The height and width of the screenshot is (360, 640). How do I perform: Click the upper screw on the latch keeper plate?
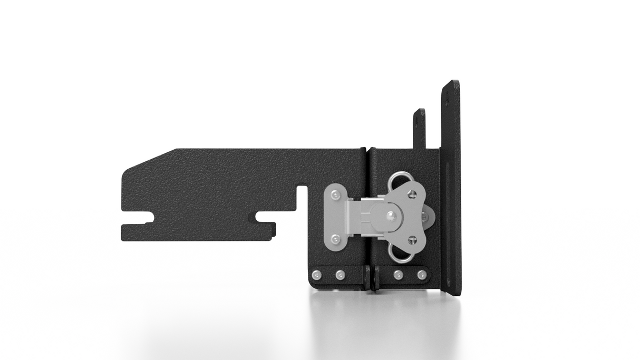(x=335, y=196)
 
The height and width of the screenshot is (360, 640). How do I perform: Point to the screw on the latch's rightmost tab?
(x=425, y=217)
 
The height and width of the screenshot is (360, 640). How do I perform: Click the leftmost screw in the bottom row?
(x=316, y=275)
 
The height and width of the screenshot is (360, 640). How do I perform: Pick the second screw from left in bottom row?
(x=340, y=275)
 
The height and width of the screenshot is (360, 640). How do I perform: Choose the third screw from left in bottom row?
(x=398, y=275)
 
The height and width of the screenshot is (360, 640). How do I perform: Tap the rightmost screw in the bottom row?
(x=422, y=275)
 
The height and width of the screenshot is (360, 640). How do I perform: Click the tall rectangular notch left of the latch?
(x=302, y=206)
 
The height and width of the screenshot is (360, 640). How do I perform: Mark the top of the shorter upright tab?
(x=420, y=111)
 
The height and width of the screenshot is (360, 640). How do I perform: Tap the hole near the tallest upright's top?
(x=449, y=95)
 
